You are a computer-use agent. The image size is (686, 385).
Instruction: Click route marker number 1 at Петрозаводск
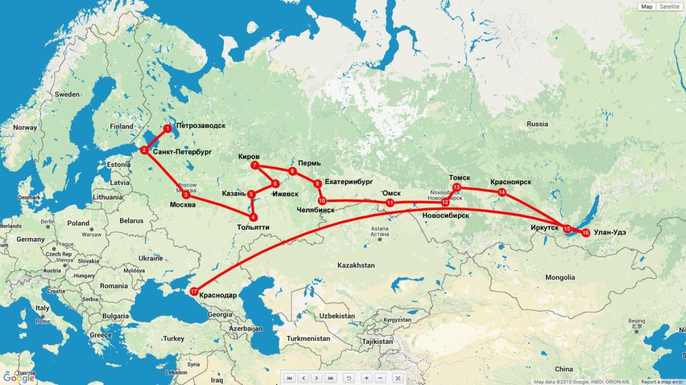167,129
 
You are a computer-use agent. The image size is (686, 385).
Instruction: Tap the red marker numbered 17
194,291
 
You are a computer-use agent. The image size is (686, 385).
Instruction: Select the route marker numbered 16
585,232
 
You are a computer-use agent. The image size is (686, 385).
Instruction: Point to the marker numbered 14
502,192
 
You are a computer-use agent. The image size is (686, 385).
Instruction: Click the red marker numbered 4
254,217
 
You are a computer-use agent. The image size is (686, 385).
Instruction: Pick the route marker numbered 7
255,166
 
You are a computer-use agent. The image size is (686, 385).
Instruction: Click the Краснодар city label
218,295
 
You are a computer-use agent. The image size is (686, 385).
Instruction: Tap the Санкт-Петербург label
182,153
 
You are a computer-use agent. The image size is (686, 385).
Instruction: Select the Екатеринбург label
348,182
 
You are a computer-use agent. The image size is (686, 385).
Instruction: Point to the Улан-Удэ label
612,232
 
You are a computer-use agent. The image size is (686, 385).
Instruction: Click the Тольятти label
253,227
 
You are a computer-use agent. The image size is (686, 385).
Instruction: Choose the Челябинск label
316,210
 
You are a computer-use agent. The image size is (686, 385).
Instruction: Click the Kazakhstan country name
356,265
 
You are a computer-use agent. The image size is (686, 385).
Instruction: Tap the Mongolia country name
560,277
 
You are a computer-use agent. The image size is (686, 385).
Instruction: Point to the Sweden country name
67,94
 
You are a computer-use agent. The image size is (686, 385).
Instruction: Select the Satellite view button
669,6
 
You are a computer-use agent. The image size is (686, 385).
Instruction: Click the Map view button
647,6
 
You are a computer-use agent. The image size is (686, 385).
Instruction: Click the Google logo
18,378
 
